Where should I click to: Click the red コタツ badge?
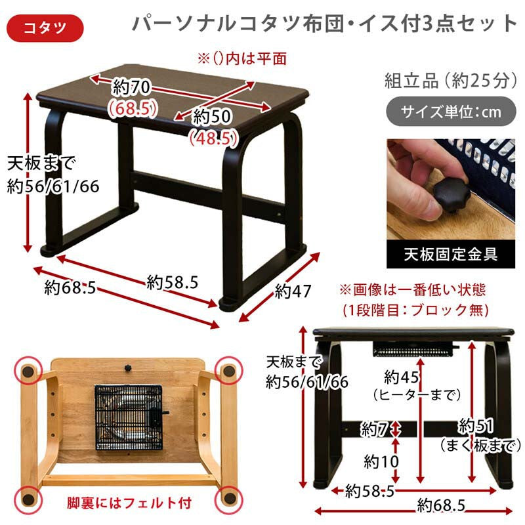45,28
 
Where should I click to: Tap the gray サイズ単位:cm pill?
451,112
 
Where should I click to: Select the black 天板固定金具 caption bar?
451,254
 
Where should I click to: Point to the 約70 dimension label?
132,87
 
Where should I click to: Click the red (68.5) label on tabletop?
133,108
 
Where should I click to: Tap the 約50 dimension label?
212,117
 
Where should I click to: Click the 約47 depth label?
293,291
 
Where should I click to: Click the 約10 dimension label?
381,462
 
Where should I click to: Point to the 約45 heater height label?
401,377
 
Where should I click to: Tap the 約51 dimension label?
475,426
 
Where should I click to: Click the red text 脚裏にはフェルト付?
129,503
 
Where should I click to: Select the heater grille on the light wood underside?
129,417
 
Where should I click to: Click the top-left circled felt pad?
28,371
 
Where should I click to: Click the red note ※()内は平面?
241,58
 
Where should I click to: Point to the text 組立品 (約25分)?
451,80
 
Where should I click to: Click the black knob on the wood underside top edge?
128,368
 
